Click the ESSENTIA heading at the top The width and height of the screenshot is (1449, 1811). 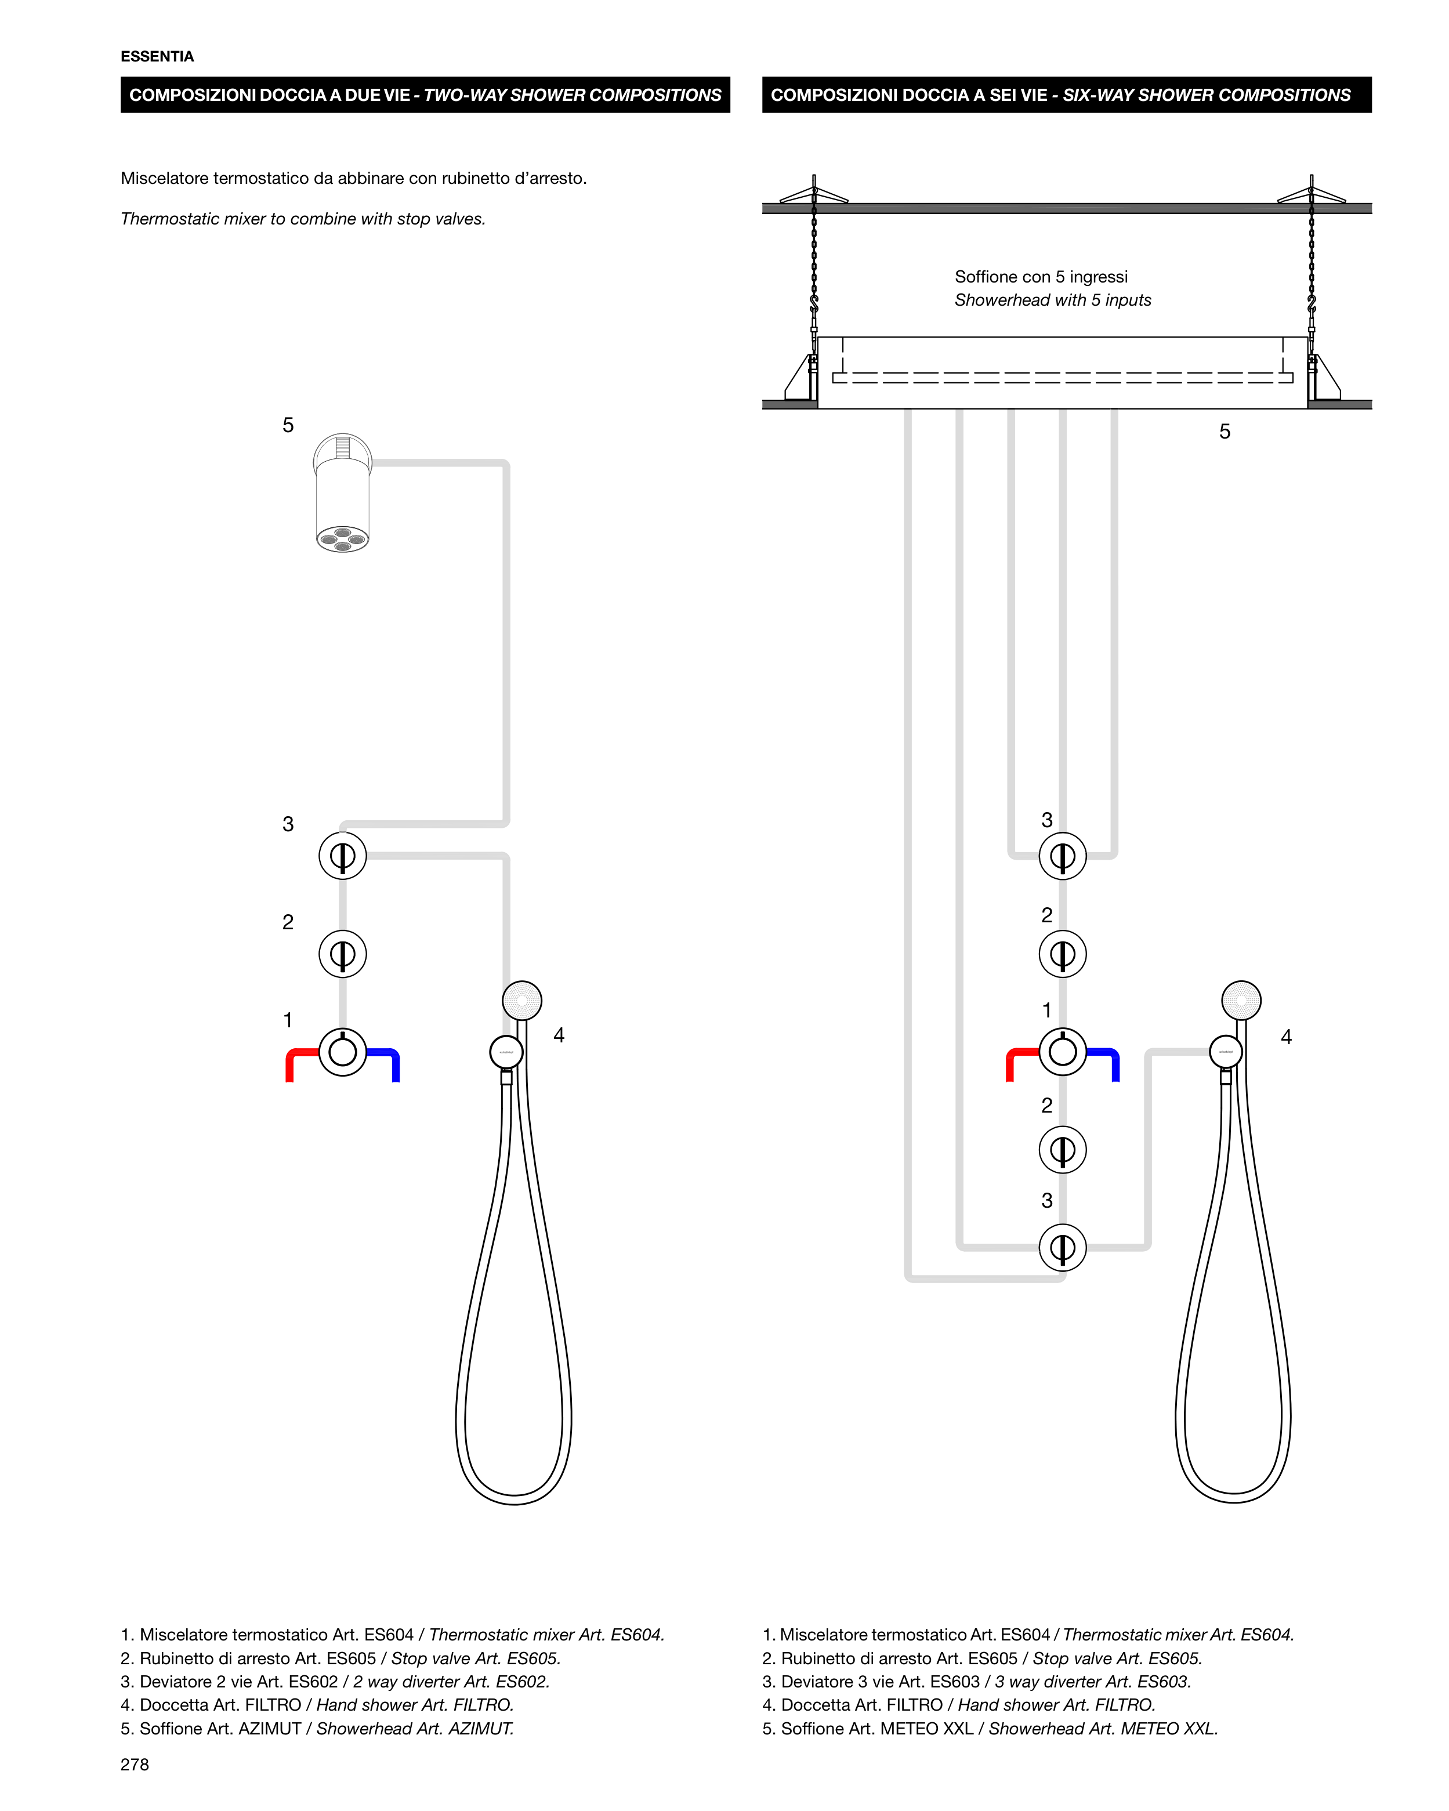pyautogui.click(x=157, y=56)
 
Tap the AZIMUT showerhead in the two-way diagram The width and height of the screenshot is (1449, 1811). pyautogui.click(x=343, y=493)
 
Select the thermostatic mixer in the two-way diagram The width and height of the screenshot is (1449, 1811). pyautogui.click(x=343, y=1052)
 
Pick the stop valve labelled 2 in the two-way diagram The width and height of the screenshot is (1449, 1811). pyautogui.click(x=343, y=954)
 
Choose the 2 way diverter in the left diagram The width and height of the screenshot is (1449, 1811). pyautogui.click(x=343, y=856)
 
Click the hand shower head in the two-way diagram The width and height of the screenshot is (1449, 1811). pyautogui.click(x=521, y=1001)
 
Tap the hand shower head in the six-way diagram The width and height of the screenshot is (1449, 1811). pyautogui.click(x=1241, y=1001)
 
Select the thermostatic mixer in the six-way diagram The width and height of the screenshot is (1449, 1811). pyautogui.click(x=1063, y=1052)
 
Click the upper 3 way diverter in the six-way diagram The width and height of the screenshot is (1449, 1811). pyautogui.click(x=1063, y=856)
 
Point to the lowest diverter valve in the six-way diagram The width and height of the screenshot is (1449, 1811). pyautogui.click(x=1063, y=1247)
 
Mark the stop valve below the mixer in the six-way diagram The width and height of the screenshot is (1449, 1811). pyautogui.click(x=1063, y=1150)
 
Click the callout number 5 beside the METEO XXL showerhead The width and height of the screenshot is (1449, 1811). pyautogui.click(x=1225, y=432)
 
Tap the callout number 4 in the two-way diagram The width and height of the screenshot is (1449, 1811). pyautogui.click(x=559, y=1035)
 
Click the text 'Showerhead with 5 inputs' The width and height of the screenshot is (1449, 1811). pyautogui.click(x=1052, y=300)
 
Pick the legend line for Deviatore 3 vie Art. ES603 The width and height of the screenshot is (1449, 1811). pyautogui.click(x=977, y=1682)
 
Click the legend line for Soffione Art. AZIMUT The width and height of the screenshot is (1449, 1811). pyautogui.click(x=317, y=1729)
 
